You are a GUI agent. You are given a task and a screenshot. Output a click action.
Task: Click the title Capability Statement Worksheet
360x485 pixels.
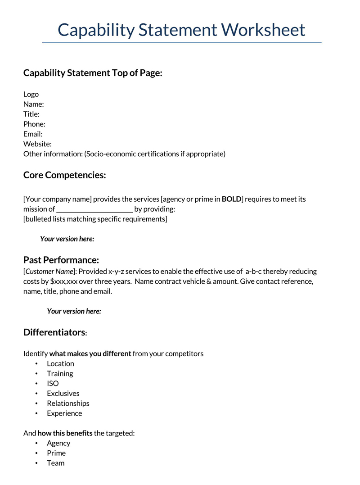click(181, 30)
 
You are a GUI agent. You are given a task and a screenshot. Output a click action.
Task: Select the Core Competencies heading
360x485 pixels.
click(64, 175)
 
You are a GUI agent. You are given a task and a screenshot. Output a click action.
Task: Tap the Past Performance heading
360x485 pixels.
click(61, 260)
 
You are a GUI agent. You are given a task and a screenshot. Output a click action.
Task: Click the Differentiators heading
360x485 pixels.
click(54, 332)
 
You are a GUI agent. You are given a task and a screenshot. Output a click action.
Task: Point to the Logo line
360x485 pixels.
click(31, 94)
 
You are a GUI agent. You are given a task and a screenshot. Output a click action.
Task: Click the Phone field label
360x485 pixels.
click(34, 124)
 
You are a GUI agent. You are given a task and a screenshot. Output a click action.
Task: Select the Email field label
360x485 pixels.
click(33, 134)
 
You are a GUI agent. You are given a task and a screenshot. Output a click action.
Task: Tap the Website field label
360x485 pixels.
click(37, 144)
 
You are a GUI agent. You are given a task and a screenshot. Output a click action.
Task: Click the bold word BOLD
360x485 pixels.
click(231, 199)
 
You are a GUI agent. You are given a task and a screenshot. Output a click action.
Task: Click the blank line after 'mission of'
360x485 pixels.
click(94, 209)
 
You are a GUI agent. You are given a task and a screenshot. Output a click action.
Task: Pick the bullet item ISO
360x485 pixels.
click(53, 383)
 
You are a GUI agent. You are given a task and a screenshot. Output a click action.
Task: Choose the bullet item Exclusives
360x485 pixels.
click(63, 393)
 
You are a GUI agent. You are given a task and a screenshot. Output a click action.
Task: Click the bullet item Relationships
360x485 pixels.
click(68, 403)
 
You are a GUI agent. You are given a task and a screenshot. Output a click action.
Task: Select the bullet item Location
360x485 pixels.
click(60, 363)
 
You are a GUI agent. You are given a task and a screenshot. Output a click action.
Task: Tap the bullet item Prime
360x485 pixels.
click(56, 453)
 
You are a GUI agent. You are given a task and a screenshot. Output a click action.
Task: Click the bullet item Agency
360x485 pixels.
click(58, 443)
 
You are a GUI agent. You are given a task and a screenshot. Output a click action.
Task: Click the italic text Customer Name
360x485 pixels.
click(49, 272)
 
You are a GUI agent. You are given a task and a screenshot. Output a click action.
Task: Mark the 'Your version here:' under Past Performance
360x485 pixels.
click(74, 311)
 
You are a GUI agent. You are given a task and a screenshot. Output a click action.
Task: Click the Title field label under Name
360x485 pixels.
click(31, 114)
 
